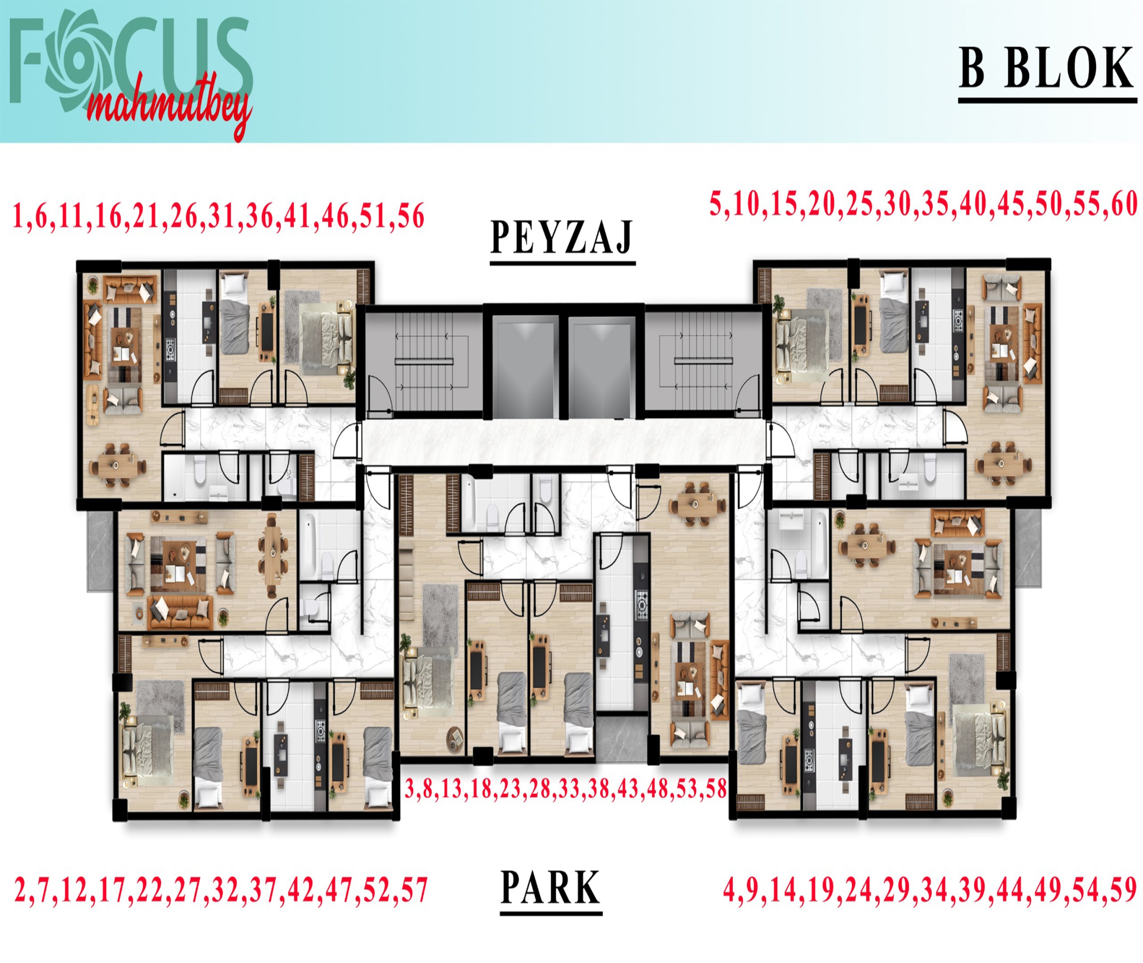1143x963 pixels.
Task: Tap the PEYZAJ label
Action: pos(562,238)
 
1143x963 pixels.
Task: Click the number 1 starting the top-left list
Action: pos(19,216)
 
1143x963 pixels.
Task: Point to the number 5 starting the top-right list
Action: pos(716,204)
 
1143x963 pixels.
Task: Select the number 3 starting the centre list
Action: pos(410,789)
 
